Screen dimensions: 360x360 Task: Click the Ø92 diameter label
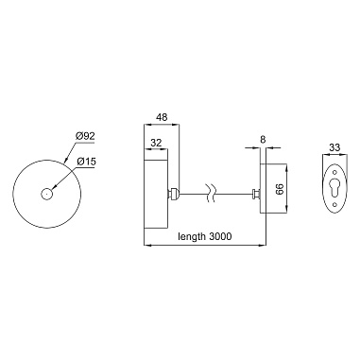pyautogui.click(x=85, y=136)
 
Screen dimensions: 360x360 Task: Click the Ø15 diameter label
pyautogui.click(x=86, y=162)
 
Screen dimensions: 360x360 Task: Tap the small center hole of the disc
pyautogui.click(x=46, y=194)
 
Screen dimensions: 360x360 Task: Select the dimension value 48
pyautogui.click(x=163, y=117)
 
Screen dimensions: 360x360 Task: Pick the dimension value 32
pyautogui.click(x=156, y=143)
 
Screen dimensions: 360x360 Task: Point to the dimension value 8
pyautogui.click(x=264, y=139)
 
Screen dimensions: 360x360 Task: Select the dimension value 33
pyautogui.click(x=334, y=147)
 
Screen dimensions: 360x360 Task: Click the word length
pyautogui.click(x=192, y=236)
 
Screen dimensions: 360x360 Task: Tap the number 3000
pyautogui.click(x=220, y=236)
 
